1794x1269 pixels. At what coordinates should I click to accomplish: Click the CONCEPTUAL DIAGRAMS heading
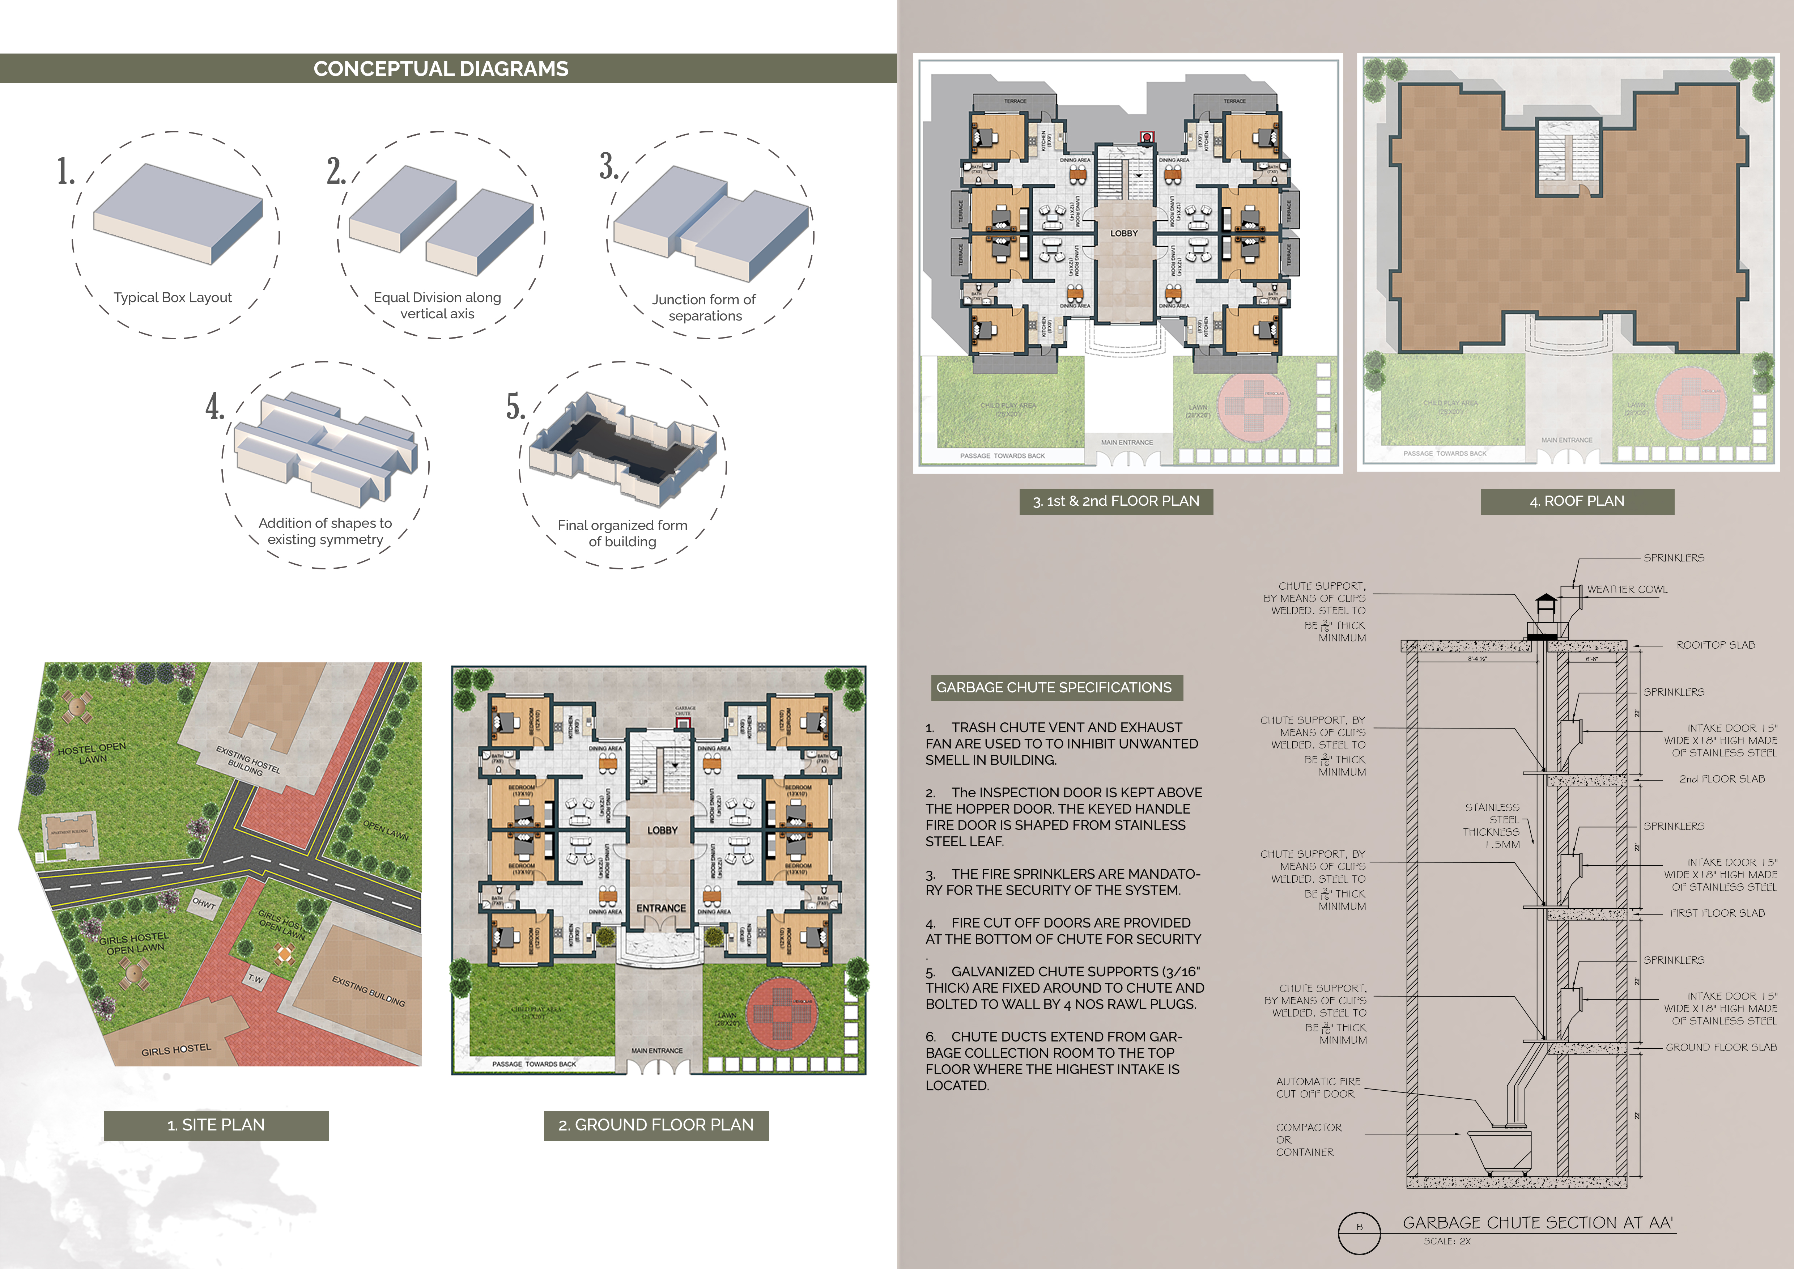[441, 69]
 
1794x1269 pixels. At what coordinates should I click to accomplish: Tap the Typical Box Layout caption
[173, 298]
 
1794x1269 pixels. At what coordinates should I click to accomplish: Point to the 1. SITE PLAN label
[216, 1125]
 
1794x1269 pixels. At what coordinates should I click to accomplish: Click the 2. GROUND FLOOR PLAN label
[655, 1125]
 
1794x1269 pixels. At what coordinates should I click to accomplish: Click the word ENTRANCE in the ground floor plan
[661, 908]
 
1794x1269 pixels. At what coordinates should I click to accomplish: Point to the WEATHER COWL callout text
[1627, 589]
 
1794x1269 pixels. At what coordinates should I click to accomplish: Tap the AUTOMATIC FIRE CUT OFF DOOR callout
[1318, 1088]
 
